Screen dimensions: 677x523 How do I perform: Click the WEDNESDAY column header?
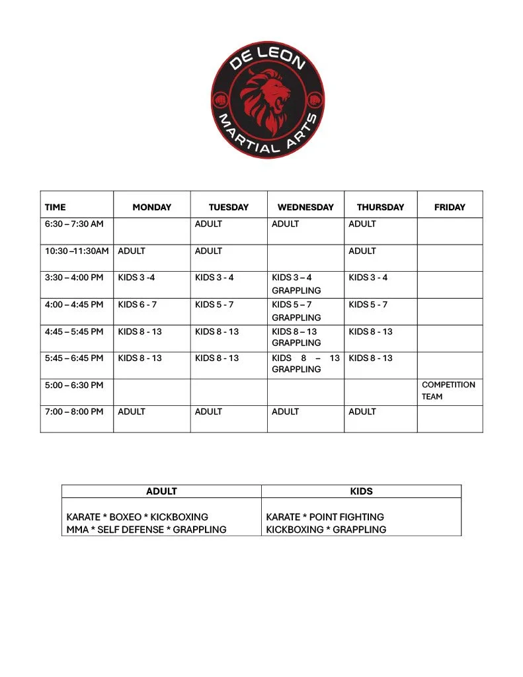click(305, 207)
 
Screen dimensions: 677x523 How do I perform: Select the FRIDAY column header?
click(450, 207)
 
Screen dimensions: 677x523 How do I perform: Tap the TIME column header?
click(56, 207)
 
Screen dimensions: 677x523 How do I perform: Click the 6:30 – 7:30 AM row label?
click(74, 224)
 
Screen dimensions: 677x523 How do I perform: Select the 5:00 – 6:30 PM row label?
click(74, 385)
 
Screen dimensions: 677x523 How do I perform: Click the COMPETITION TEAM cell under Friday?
click(448, 390)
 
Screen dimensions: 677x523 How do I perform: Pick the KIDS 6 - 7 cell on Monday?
click(138, 305)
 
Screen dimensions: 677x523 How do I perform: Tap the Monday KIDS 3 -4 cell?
click(136, 278)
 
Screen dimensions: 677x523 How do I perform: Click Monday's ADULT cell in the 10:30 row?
click(132, 251)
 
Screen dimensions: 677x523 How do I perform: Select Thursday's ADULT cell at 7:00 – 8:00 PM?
click(362, 411)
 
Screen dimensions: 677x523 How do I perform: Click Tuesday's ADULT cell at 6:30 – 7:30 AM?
click(209, 224)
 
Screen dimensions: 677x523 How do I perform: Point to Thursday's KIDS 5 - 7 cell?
click(368, 305)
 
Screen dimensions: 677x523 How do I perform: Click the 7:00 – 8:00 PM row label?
click(74, 411)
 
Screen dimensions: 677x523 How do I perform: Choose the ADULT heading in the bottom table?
click(161, 491)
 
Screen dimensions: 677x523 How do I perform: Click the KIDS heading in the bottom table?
click(362, 491)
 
